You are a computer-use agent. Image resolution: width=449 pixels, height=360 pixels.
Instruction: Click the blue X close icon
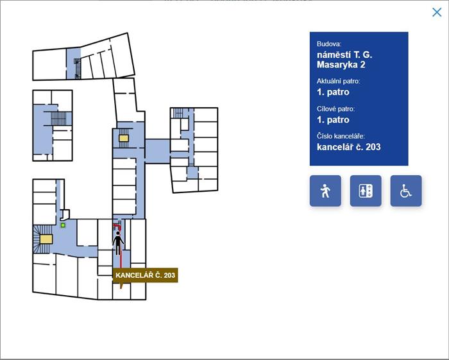tap(437, 12)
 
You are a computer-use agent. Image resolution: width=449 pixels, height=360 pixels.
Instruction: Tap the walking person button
tap(325, 191)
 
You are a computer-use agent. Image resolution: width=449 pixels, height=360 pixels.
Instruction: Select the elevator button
tap(366, 191)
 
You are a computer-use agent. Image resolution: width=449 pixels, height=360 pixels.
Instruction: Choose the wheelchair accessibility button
tap(406, 191)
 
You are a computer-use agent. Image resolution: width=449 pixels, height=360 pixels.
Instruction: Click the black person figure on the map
tap(117, 243)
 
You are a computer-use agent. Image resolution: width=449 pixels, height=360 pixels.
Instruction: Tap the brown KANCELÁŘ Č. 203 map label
tap(145, 275)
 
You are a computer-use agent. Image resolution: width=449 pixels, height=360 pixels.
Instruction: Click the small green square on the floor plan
tap(63, 225)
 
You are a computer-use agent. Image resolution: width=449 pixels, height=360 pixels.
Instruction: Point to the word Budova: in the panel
tap(329, 44)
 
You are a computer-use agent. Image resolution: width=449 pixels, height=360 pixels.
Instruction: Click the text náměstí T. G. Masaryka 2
tap(344, 60)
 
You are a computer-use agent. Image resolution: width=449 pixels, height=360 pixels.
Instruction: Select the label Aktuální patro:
tap(338, 81)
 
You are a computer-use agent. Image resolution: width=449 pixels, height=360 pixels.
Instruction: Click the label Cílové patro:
tap(335, 109)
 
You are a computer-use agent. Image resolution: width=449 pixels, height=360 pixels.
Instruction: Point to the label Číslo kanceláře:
tap(341, 136)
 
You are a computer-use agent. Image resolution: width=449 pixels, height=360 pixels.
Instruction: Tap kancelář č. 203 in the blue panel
tap(348, 147)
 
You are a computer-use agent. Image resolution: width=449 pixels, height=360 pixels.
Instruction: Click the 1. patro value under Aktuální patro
tap(333, 92)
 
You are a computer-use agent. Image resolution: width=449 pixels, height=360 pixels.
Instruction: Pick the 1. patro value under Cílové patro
tap(333, 120)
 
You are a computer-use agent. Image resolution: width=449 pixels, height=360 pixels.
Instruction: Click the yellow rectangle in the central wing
tap(124, 139)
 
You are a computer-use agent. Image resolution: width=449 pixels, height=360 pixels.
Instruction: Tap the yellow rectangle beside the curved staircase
tap(46, 239)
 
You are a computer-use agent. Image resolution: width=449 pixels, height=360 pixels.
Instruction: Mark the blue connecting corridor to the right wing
tap(158, 151)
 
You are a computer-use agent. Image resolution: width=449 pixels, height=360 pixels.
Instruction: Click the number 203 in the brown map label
tap(170, 275)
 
